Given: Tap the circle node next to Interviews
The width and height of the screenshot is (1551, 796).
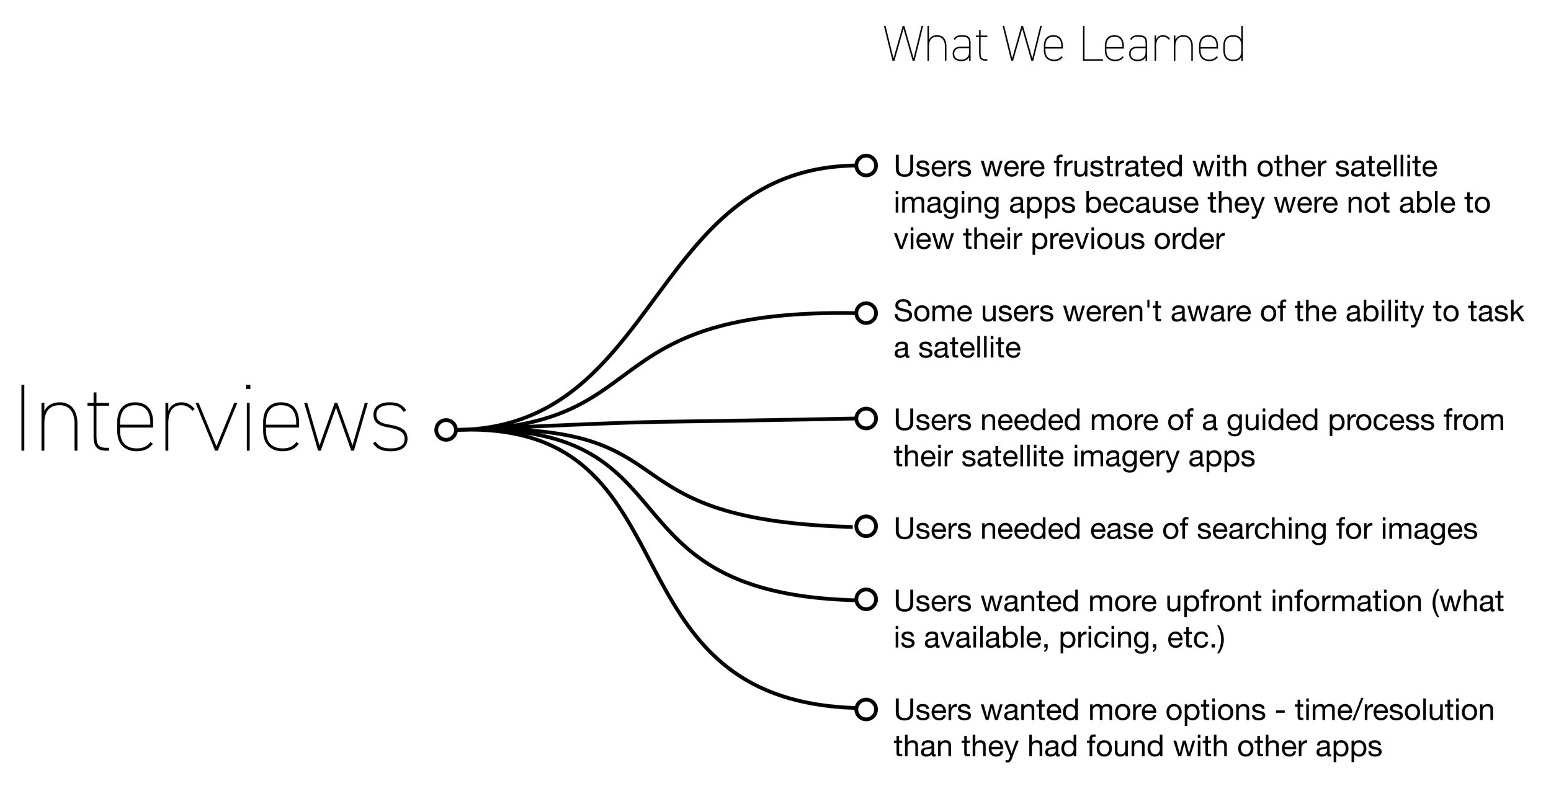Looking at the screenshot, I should click(x=446, y=430).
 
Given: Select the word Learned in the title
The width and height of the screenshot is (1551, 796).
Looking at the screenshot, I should click(x=1163, y=45).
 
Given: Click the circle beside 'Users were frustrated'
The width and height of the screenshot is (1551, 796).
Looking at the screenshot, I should click(x=866, y=166).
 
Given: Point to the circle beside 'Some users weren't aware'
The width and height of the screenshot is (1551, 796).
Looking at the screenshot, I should click(x=866, y=313).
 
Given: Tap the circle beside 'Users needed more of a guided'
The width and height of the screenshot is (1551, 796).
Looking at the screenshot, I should click(x=866, y=419).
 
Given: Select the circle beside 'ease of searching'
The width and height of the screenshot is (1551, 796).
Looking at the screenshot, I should click(x=866, y=527).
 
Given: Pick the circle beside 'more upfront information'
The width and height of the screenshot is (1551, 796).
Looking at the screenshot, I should click(x=866, y=600).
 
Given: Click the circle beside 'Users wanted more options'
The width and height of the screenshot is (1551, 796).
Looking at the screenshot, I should click(x=866, y=709).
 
